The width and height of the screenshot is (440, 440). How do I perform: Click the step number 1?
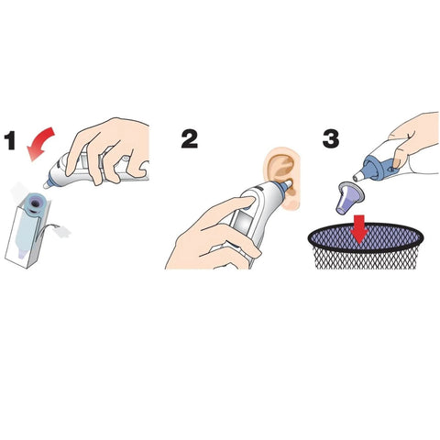point(10,140)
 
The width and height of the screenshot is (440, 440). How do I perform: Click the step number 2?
point(190,139)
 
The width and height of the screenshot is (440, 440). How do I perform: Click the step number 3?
point(331,139)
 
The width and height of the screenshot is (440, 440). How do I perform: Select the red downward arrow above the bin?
point(359,229)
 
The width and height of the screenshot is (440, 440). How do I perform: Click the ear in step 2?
point(283,177)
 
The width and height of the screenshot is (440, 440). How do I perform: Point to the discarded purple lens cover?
point(349,198)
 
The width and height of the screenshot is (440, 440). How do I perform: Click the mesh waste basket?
point(366,246)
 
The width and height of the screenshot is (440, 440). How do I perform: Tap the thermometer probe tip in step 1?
point(47,184)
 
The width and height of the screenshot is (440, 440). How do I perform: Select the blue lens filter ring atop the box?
point(35,203)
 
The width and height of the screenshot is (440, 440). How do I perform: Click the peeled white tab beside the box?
point(62,232)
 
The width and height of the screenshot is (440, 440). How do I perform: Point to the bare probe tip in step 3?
point(358,177)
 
